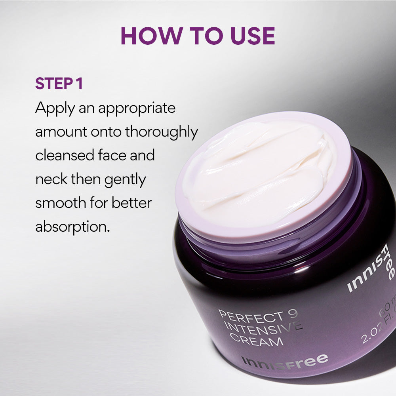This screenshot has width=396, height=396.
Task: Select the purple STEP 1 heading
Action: pyautogui.click(x=59, y=84)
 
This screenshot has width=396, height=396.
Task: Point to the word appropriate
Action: pyautogui.click(x=137, y=108)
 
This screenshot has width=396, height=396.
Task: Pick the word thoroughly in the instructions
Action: pyautogui.click(x=162, y=132)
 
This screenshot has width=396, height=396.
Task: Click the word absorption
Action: pyautogui.click(x=72, y=227)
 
